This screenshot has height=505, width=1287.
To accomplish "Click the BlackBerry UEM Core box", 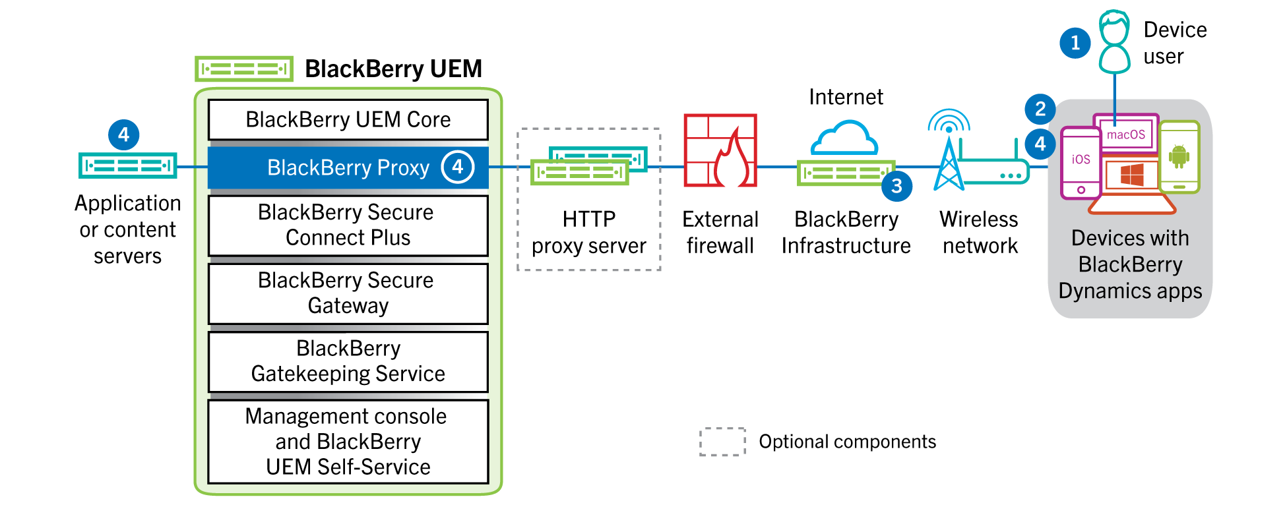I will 348,120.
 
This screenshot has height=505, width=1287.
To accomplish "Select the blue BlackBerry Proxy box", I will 348,167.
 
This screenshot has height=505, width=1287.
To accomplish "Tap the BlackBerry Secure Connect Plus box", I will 348,225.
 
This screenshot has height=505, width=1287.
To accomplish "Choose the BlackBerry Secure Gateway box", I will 348,293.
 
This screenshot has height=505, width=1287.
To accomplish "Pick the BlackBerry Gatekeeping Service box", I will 348,361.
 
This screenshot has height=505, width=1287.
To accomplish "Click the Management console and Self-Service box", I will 348,441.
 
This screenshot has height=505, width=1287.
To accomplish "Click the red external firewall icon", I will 720,150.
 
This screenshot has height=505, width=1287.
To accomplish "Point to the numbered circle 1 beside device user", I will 1075,43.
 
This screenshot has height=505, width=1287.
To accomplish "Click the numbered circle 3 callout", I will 896,187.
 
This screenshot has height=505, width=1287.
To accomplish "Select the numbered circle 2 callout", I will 1040,109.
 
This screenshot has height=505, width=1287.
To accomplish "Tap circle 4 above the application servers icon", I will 123,135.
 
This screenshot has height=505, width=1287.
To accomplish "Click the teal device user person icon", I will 1114,42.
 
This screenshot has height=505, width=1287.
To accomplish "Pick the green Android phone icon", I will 1179,157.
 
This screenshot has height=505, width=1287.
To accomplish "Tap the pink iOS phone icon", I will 1080,163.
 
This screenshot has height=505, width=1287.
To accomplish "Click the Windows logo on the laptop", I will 1132,175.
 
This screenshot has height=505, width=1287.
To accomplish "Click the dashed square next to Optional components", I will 722,442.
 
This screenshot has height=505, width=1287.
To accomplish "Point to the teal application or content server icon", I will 128,165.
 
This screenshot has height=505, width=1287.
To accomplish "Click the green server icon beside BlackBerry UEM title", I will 244,69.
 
